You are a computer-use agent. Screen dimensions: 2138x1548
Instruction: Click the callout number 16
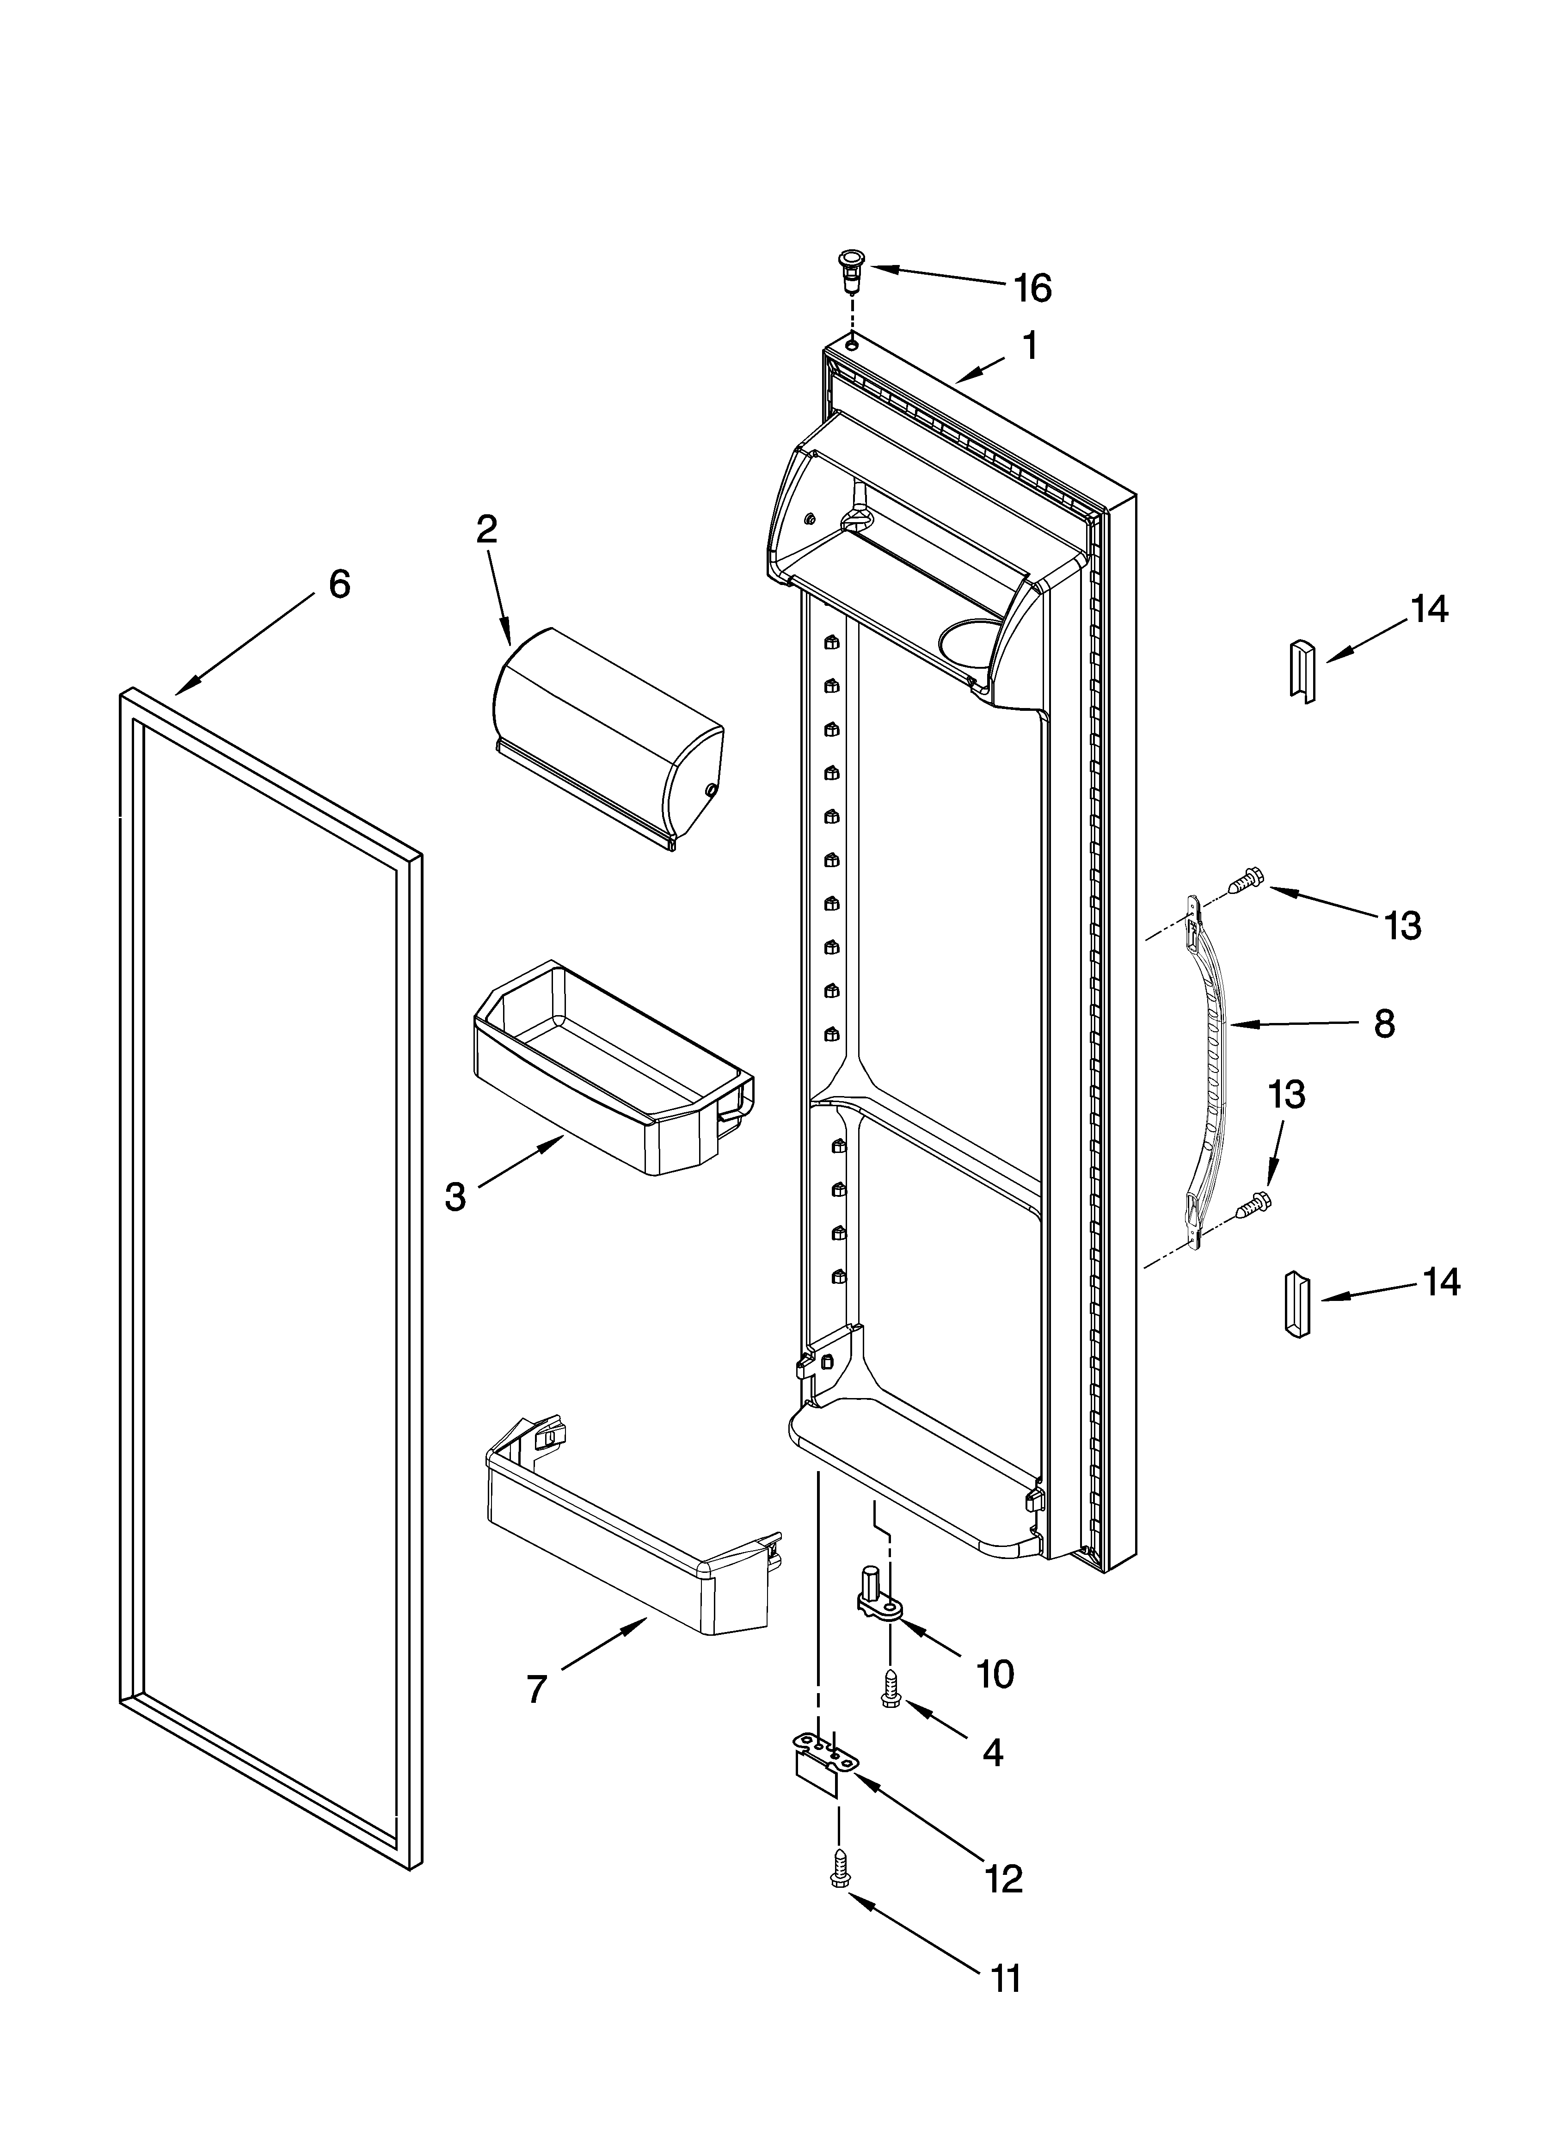tap(1032, 289)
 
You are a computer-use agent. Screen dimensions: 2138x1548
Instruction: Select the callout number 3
tap(455, 1196)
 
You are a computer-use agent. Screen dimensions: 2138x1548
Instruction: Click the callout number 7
tap(535, 1690)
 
